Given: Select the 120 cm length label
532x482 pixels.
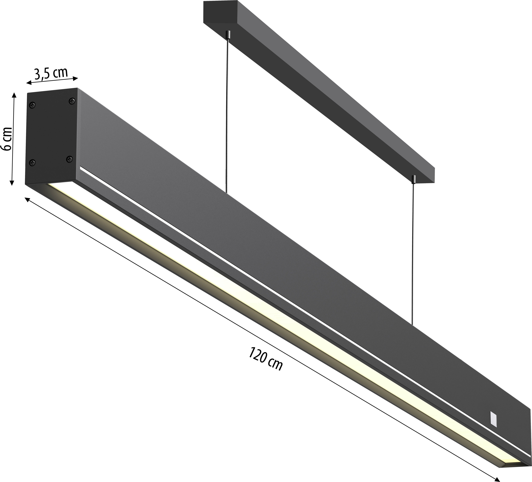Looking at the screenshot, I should pos(265,359).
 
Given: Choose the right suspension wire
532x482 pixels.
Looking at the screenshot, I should pos(413,253).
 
